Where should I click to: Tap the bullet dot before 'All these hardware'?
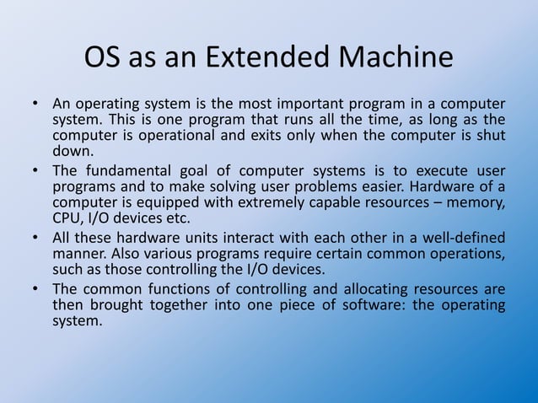(35, 237)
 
